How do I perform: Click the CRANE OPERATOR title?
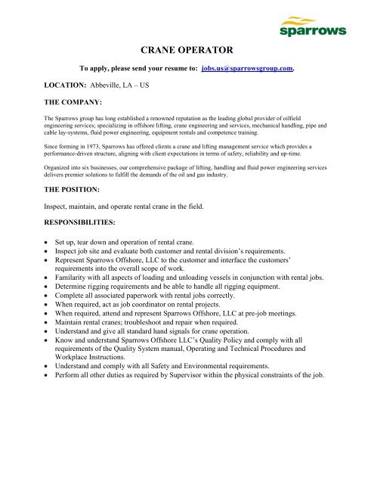click(187, 51)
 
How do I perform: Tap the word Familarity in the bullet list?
click(75, 278)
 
